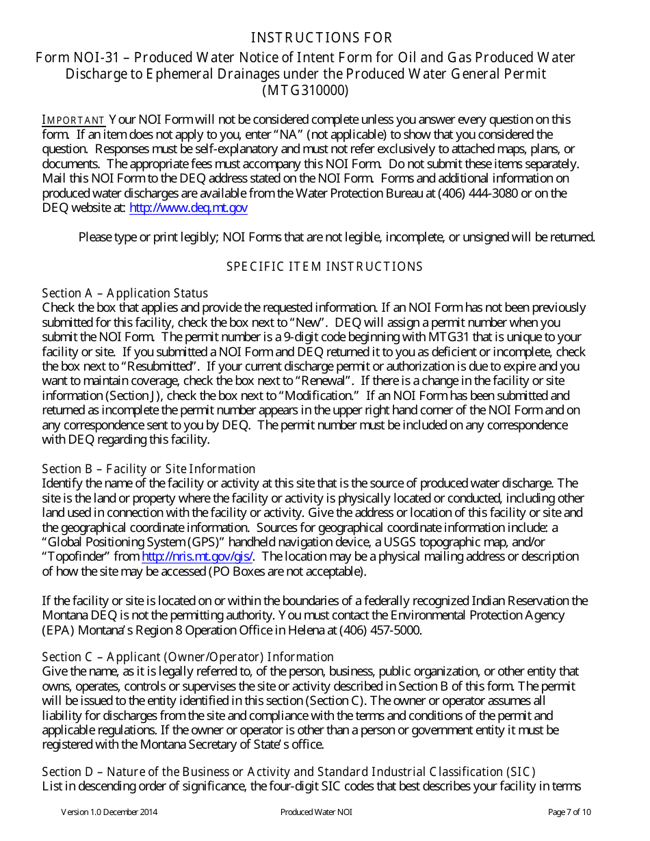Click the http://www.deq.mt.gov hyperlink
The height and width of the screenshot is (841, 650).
click(188, 208)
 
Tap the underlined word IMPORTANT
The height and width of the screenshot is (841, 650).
click(74, 120)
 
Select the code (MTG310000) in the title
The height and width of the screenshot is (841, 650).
click(305, 90)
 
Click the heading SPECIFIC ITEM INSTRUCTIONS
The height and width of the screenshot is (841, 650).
click(324, 267)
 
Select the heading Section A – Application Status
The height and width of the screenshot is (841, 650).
click(125, 293)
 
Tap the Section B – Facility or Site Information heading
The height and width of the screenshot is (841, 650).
click(148, 469)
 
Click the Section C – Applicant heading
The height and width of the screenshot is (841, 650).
click(187, 657)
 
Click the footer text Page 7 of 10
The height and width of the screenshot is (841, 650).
click(569, 812)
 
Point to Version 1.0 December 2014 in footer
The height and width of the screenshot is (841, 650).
click(109, 812)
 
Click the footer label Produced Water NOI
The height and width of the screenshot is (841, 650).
click(316, 812)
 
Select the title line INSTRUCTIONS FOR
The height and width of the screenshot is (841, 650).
click(322, 38)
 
